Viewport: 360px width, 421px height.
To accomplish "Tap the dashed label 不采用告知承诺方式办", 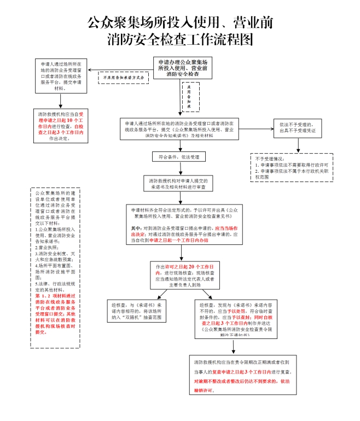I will click(x=124, y=78).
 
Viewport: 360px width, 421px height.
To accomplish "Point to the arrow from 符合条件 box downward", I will click(x=180, y=168).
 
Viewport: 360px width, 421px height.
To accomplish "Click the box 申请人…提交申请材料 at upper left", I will click(x=61, y=76).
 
